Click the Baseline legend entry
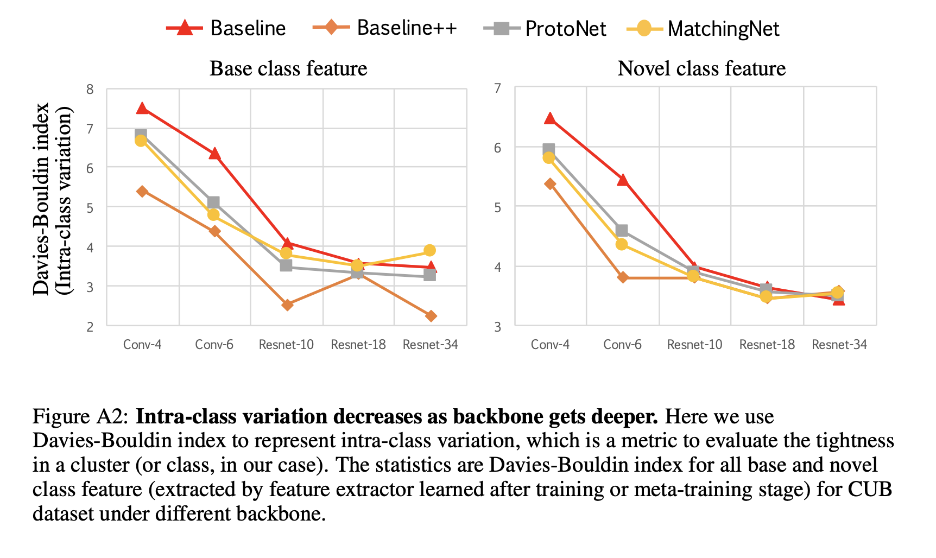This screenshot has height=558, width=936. coord(226,28)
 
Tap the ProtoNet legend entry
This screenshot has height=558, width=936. coord(545,28)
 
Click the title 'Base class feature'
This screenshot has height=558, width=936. coord(288,69)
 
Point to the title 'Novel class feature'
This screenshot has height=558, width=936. coord(701,69)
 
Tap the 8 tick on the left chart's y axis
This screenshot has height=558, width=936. coord(90,89)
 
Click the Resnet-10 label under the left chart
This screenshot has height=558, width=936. coord(286,345)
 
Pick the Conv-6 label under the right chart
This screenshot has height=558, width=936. coord(622,345)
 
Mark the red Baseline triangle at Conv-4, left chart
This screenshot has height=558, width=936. coord(142,109)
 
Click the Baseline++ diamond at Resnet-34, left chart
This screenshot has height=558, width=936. coord(431,316)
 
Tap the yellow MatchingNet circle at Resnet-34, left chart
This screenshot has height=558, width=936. coord(429,250)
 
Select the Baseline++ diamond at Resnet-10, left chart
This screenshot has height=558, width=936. coord(287,305)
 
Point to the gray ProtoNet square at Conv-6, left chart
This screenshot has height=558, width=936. coord(213,202)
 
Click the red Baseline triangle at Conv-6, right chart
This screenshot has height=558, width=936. coord(622,180)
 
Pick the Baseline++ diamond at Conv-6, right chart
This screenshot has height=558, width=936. coord(622,277)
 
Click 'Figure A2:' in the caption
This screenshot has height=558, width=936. coord(81,417)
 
